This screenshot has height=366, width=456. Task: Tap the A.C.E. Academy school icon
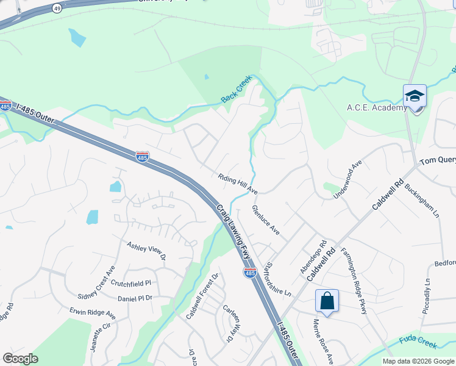[x=415, y=97]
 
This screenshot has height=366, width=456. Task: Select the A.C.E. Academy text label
[x=377, y=108]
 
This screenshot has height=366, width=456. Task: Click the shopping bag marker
[x=327, y=301]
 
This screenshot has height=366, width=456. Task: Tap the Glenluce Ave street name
[x=266, y=220]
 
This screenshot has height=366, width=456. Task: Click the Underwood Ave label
[x=347, y=179]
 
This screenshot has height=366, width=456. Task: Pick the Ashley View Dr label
[x=146, y=251]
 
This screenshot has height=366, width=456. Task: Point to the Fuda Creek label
[x=418, y=343]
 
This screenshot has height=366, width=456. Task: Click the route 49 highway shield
[x=57, y=9]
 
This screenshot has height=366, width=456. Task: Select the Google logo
[x=20, y=359]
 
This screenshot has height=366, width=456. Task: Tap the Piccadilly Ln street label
[x=427, y=296]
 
